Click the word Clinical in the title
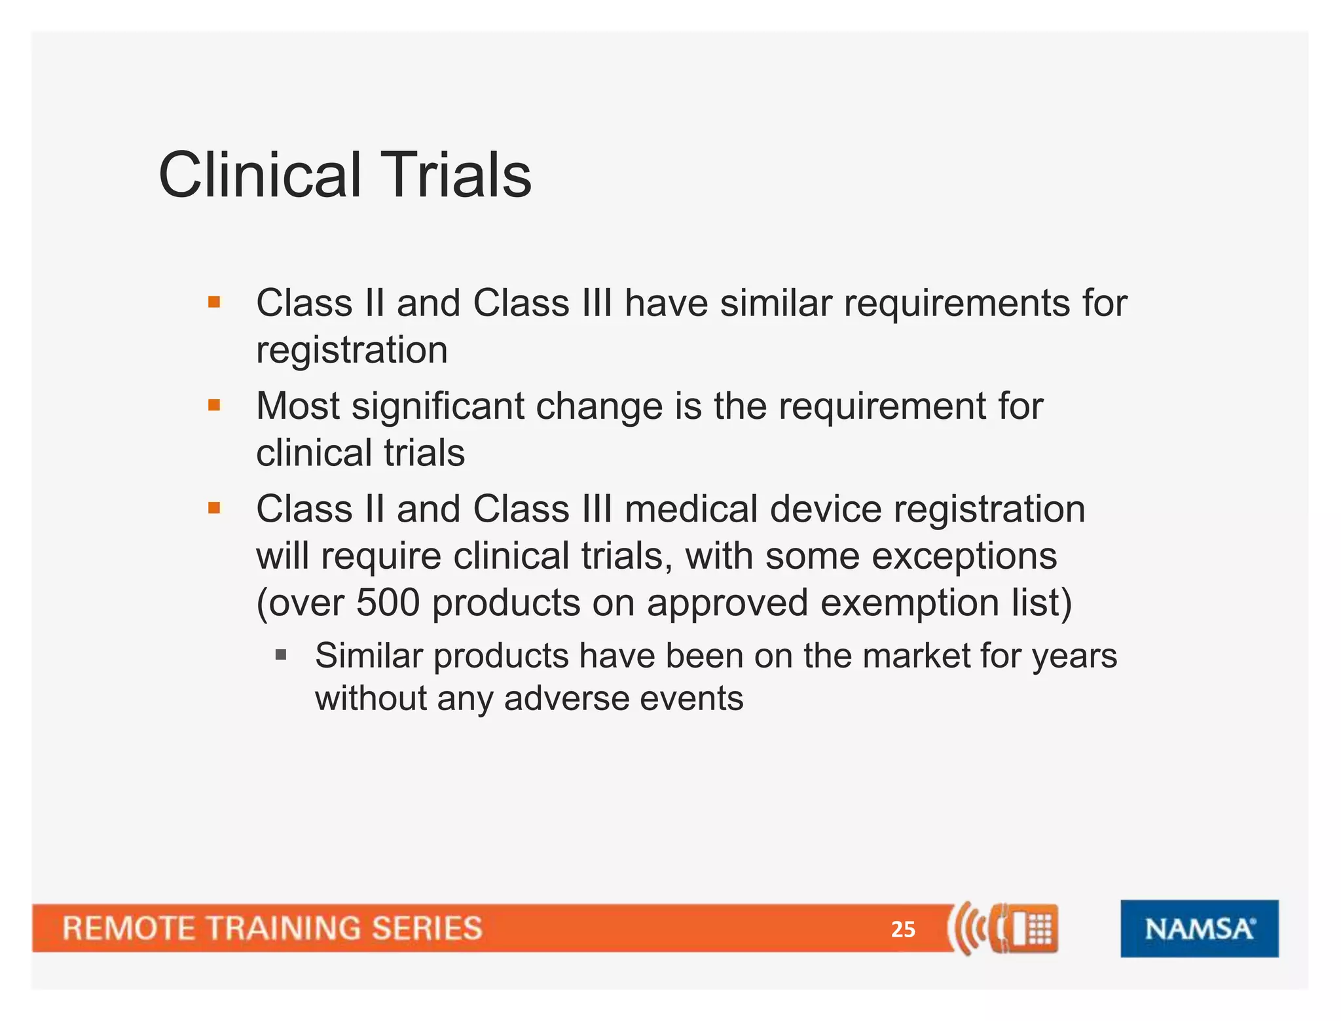pos(259,175)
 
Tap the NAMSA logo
pos(1199,928)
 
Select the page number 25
pos(903,929)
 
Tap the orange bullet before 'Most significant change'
pos(214,406)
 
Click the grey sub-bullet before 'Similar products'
pos(281,654)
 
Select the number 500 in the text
pos(388,603)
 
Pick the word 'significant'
pos(437,406)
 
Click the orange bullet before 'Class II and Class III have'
pos(214,302)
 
